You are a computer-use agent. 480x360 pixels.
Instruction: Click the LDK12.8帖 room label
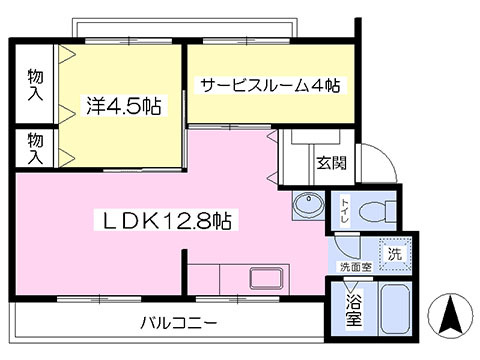(166, 220)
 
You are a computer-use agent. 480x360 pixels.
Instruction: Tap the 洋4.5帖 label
(124, 106)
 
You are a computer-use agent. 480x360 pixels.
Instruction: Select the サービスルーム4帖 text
(270, 86)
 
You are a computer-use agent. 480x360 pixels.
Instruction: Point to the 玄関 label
(331, 162)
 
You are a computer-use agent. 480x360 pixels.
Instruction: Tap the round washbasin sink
(309, 205)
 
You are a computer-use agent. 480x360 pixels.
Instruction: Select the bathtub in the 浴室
(395, 308)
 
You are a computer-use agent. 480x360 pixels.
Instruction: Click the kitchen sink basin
(267, 278)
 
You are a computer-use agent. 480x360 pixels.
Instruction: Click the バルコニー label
(179, 323)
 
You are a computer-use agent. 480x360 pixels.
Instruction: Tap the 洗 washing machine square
(395, 254)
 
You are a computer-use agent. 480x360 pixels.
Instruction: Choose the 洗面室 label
(356, 267)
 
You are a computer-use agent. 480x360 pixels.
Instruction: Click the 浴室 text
(353, 311)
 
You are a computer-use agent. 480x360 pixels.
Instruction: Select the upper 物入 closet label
(35, 85)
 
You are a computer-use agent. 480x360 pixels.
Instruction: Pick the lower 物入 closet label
(35, 148)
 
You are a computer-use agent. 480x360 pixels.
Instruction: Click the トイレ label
(344, 211)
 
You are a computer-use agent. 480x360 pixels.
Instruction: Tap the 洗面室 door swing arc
(343, 252)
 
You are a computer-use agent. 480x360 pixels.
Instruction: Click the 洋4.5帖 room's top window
(129, 41)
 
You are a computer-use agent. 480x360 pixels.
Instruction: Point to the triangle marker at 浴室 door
(351, 285)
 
